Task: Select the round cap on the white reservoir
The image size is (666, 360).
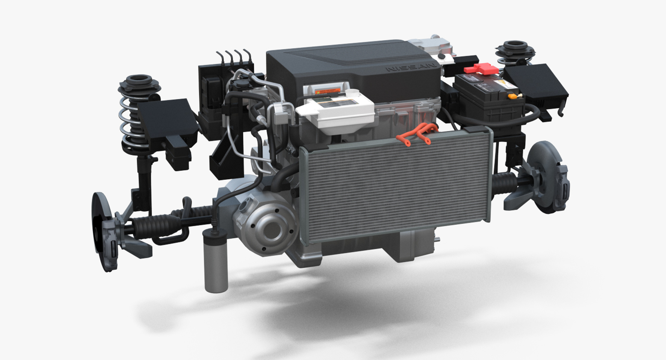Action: (353, 93)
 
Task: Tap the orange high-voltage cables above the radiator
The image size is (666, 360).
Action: (418, 134)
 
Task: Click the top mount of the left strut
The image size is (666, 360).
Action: (138, 80)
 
